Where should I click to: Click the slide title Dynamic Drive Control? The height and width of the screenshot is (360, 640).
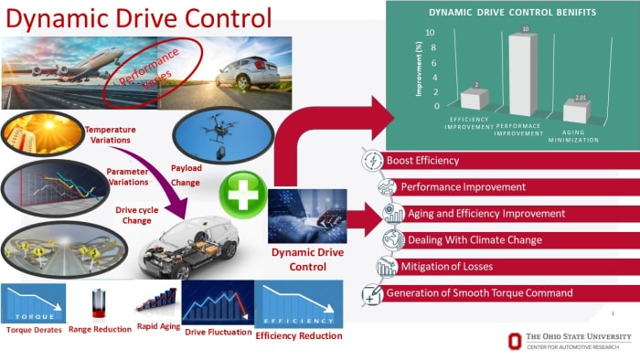[137, 17]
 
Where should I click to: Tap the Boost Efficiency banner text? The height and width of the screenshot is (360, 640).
[423, 161]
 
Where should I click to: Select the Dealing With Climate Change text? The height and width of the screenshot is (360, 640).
[464, 240]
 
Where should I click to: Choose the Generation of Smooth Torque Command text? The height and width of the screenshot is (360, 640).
[479, 293]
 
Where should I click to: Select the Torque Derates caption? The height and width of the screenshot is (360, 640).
[34, 329]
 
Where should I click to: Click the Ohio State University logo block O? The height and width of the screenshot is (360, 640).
[517, 342]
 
